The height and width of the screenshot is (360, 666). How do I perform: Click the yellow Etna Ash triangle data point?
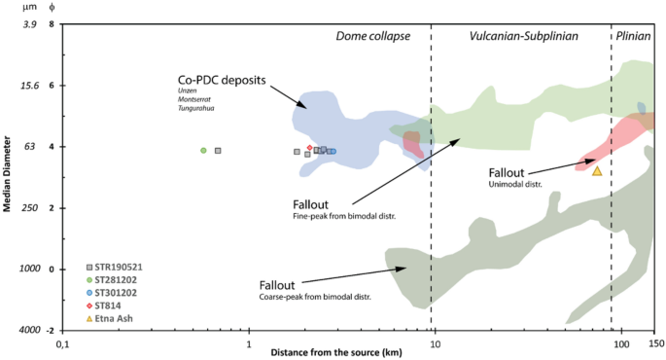point(597,171)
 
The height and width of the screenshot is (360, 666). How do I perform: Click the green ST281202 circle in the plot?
point(203,151)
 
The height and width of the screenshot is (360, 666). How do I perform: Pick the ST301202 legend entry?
point(112,293)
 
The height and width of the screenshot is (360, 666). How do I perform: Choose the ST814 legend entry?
point(103,306)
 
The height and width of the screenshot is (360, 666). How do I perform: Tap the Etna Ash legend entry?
point(109,318)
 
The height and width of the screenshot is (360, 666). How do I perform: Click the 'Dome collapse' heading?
point(373,35)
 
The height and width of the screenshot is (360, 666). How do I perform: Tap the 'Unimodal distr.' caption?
point(515,183)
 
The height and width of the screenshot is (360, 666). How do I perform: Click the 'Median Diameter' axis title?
point(8,177)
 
